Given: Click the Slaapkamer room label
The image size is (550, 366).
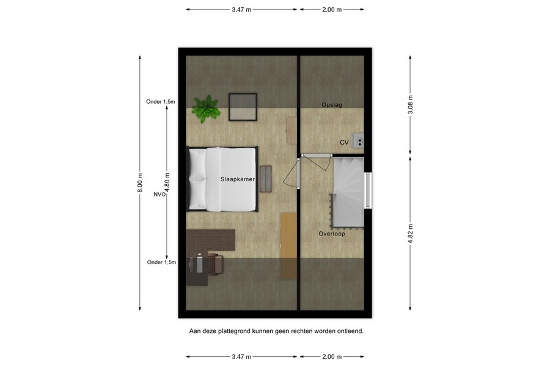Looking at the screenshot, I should click(238, 179).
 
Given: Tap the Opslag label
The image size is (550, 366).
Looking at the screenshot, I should click(332, 105).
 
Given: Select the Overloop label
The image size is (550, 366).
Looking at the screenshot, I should click(331, 234).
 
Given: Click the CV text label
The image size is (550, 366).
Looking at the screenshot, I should click(344, 142).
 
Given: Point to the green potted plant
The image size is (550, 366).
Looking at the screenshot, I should click(205, 107).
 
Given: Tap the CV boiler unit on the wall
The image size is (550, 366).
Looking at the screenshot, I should click(359, 141).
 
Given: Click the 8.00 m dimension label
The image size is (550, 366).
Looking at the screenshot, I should click(140, 182).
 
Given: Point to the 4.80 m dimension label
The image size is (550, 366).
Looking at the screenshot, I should click(167, 182).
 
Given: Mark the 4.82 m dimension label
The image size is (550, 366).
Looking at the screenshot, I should click(410, 232).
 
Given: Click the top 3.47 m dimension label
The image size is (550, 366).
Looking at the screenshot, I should click(241, 10).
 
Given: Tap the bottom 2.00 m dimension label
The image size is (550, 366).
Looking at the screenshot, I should click(332, 356).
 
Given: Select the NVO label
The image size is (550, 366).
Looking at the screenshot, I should click(159, 195).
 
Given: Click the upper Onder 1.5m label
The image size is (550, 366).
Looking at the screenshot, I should click(161, 102).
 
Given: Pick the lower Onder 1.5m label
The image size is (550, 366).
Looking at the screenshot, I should click(161, 262).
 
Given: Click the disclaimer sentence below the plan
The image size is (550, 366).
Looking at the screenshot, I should click(276, 331).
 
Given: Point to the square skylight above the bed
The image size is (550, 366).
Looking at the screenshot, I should click(242, 107).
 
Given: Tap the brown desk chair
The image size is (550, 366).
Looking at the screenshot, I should click(215, 264).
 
